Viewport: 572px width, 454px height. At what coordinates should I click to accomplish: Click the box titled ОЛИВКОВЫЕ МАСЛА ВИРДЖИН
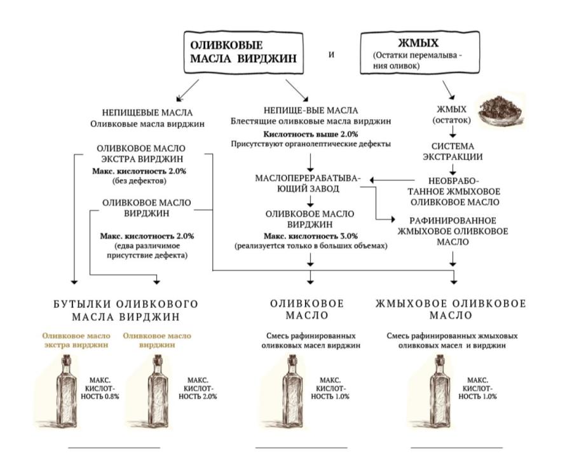pos(243,53)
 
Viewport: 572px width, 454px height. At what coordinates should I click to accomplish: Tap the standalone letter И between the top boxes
pos(331,54)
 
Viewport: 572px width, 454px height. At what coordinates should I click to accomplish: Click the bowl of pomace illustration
pos(500,111)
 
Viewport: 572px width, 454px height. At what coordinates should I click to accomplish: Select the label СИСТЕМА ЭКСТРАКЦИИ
pos(453,151)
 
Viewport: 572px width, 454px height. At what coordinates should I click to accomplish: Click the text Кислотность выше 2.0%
pos(311,134)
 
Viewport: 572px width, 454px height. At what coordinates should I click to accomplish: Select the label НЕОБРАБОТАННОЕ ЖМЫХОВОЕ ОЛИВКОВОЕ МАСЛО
pos(453,191)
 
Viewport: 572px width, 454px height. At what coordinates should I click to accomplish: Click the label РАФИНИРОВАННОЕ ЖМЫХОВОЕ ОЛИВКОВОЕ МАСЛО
pos(453,231)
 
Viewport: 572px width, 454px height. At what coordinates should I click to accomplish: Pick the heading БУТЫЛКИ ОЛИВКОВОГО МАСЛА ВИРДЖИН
pos(126,310)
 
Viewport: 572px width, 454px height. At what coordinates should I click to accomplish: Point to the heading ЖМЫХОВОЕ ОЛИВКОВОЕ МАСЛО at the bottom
pos(451,310)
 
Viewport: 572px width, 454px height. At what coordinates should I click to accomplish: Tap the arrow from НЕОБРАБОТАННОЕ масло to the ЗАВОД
pos(393,180)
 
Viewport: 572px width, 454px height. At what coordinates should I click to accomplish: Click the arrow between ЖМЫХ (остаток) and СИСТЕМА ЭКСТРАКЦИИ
pos(453,131)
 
